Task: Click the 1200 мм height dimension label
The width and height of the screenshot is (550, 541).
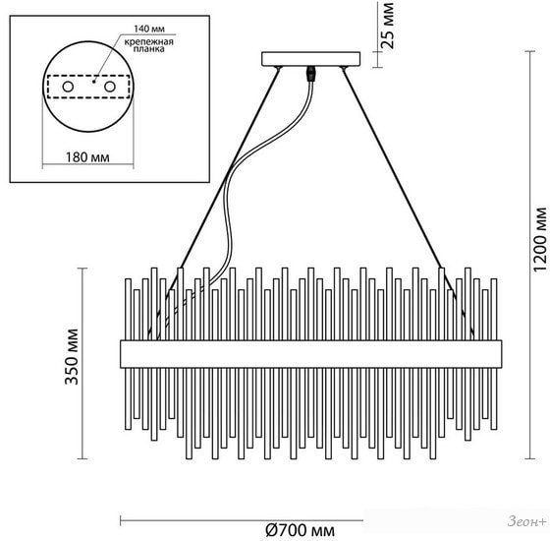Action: pyautogui.click(x=540, y=240)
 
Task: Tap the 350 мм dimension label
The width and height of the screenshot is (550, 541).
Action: pyautogui.click(x=72, y=357)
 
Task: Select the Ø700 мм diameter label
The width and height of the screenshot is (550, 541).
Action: pyautogui.click(x=300, y=530)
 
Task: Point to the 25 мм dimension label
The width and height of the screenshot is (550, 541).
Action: pyautogui.click(x=388, y=26)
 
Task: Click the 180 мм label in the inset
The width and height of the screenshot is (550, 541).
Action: pyautogui.click(x=87, y=157)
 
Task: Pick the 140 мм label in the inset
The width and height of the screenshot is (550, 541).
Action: pyautogui.click(x=149, y=29)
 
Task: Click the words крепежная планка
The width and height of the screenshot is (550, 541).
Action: pyautogui.click(x=149, y=45)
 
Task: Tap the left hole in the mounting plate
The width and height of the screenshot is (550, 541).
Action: pyautogui.click(x=68, y=87)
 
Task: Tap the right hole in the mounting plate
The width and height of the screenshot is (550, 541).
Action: pyautogui.click(x=110, y=87)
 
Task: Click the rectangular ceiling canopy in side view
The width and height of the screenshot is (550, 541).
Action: pyautogui.click(x=311, y=59)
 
